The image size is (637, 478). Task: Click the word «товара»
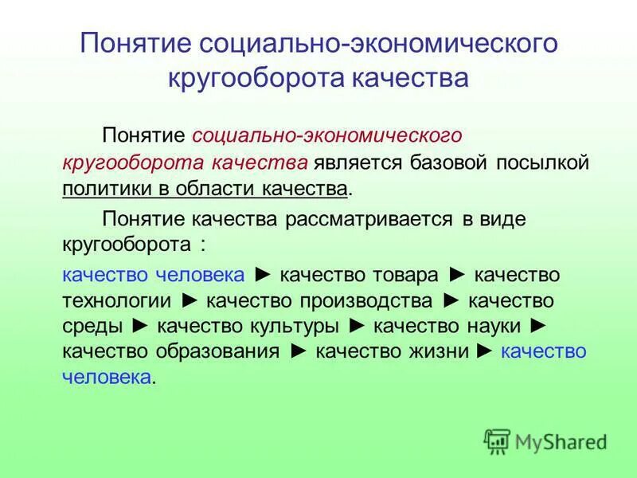[406, 275]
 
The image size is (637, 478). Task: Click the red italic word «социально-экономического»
[327, 137]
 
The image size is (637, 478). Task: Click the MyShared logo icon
[497, 440]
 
